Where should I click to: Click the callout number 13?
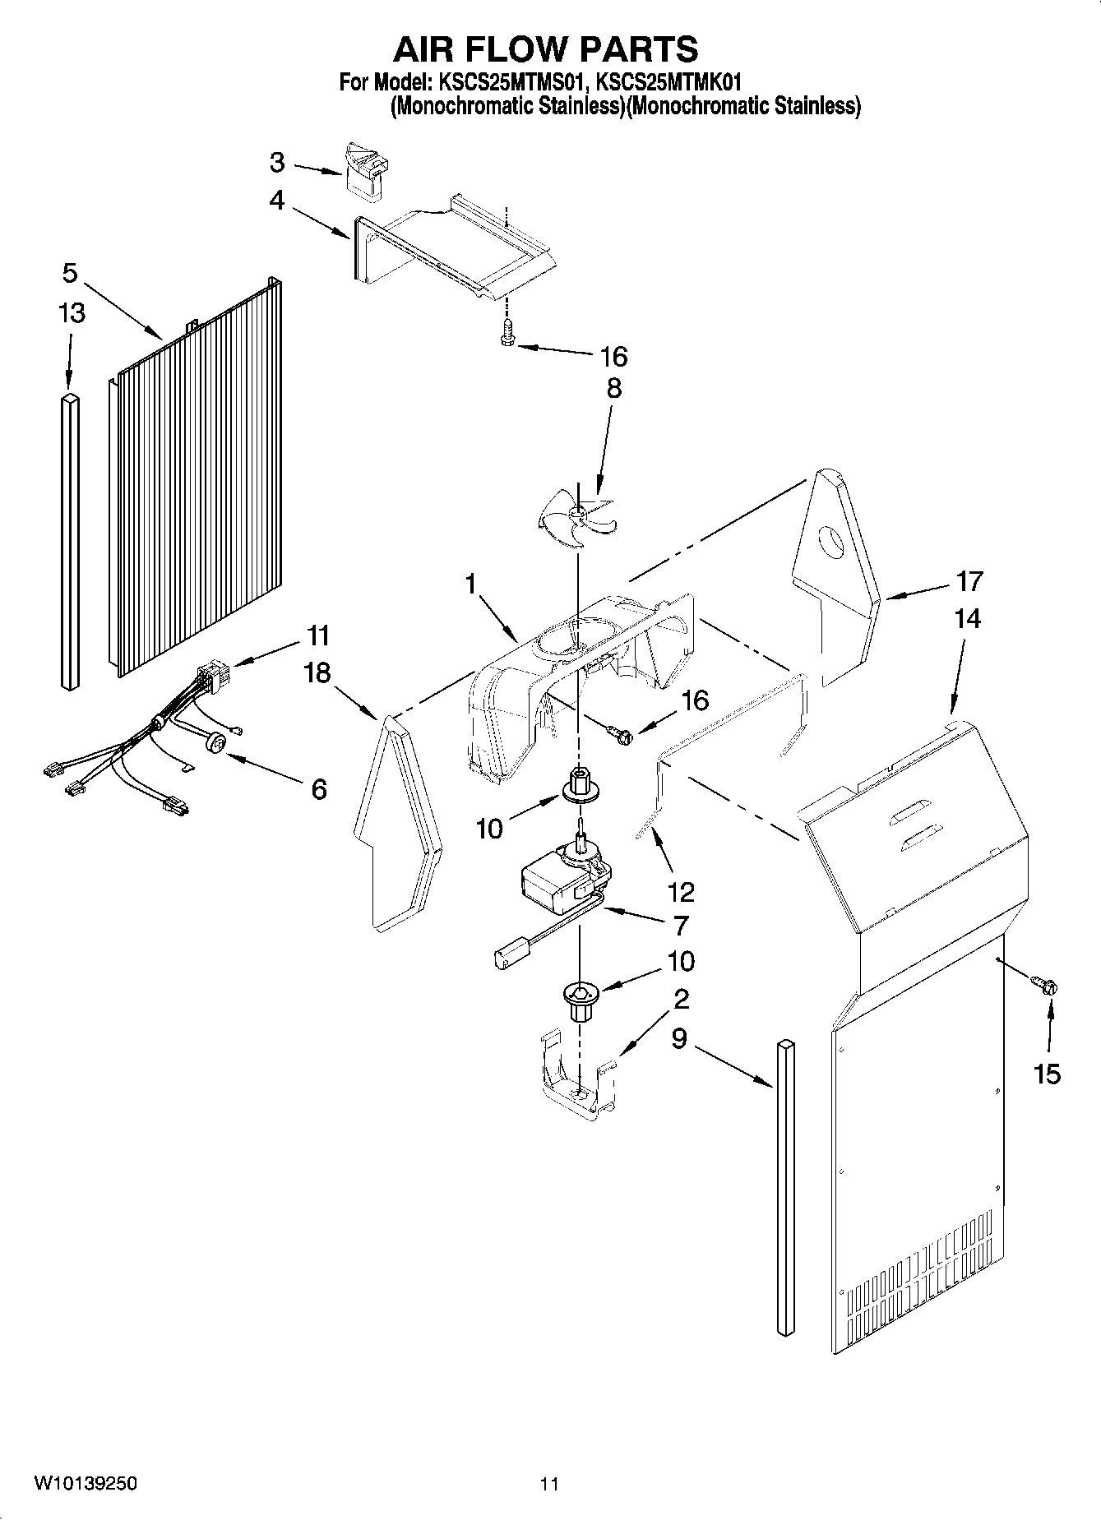[72, 313]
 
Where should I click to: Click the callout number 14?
[968, 618]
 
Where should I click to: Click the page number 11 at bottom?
[549, 1483]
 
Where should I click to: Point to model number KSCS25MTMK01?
[668, 82]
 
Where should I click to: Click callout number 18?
[317, 672]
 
